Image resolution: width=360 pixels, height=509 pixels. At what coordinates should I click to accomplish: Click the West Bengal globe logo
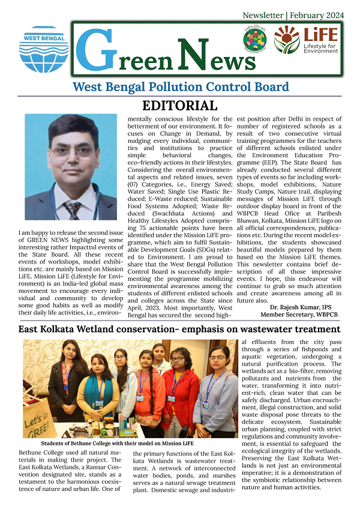[44, 49]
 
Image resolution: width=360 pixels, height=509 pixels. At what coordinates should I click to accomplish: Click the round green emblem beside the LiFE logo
[255, 40]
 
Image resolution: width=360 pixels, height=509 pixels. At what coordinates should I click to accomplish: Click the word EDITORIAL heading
[179, 106]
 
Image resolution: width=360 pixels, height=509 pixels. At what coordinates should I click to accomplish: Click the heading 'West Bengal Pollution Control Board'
[180, 87]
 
